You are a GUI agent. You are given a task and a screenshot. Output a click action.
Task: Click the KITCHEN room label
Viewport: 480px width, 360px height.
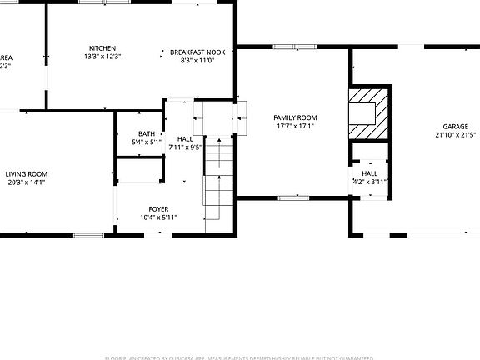coord(103,48)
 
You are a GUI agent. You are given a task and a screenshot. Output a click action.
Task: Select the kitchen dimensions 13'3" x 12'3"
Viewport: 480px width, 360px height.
coord(103,57)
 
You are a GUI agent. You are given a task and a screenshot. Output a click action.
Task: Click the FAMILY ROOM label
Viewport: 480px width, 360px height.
coord(295,117)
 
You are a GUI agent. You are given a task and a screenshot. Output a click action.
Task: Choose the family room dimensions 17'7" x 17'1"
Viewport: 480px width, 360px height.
coord(295,127)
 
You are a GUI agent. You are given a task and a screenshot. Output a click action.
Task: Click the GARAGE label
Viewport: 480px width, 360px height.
coord(455,126)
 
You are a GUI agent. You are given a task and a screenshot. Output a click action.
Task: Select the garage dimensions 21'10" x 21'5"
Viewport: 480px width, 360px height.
coord(455,135)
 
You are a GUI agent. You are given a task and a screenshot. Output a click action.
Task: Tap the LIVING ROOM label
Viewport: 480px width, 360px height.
coord(26,173)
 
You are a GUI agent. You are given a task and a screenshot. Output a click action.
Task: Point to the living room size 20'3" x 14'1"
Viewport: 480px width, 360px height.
coord(26,182)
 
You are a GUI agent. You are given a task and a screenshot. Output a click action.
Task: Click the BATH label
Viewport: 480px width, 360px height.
coord(147,133)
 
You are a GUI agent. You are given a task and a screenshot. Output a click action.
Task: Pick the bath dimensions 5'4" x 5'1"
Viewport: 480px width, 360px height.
coord(147,142)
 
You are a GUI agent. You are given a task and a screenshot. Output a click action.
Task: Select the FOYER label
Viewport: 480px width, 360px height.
coord(158,208)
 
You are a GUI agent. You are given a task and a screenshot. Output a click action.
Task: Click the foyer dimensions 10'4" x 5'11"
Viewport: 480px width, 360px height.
coord(158,217)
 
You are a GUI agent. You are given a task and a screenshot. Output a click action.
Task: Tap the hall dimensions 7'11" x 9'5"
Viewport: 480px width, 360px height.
coord(185,147)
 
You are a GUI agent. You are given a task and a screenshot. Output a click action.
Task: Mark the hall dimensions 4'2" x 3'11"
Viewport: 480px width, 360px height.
coord(369,181)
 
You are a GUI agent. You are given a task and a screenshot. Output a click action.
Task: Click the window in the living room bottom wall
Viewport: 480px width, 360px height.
coord(87,235)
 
